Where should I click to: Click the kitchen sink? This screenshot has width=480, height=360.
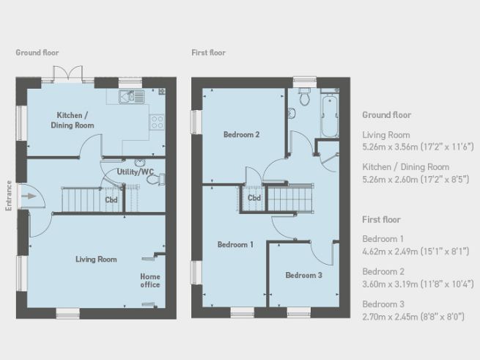click(132, 97)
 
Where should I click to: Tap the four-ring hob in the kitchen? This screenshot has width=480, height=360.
click(157, 122)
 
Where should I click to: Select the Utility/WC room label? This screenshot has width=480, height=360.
click(136, 172)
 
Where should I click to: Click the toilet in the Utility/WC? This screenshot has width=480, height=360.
click(156, 179)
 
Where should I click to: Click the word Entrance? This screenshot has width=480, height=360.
click(9, 196)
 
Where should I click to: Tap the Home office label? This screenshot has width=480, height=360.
click(150, 281)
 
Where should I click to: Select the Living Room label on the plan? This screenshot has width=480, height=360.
click(96, 260)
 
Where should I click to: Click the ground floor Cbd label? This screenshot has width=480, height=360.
click(111, 200)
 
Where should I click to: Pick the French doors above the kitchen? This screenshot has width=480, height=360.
click(67, 74)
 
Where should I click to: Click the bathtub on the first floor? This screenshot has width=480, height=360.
click(329, 116)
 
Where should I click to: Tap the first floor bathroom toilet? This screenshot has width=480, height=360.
click(304, 95)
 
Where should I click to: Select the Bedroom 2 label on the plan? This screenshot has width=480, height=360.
click(242, 134)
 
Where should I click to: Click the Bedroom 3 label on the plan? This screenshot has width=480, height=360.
click(303, 275)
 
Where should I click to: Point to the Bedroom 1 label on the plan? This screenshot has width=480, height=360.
click(235, 244)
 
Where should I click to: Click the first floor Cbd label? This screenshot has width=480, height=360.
click(254, 198)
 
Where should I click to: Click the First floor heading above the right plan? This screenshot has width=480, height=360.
click(208, 53)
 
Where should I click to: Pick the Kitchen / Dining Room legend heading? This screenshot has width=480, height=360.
click(405, 167)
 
